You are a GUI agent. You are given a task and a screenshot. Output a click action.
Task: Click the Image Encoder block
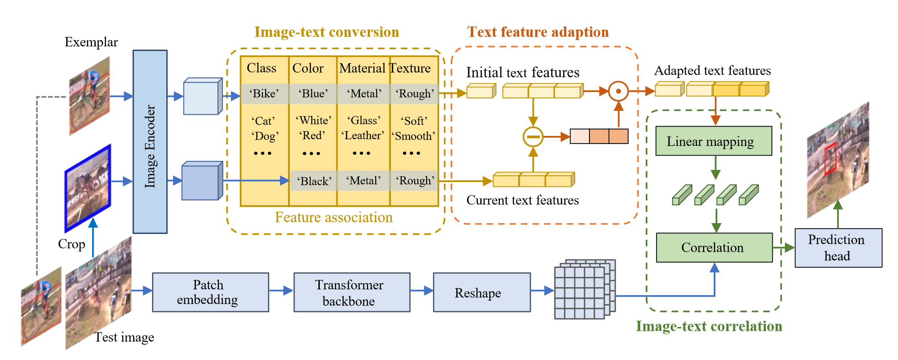click(150, 142)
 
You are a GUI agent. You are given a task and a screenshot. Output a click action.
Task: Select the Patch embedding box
click(210, 292)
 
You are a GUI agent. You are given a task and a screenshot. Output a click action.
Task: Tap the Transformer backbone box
click(352, 292)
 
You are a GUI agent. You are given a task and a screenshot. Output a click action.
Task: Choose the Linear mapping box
click(713, 141)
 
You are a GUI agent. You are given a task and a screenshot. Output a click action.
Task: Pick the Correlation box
click(714, 247)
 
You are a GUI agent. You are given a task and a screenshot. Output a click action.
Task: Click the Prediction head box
click(838, 248)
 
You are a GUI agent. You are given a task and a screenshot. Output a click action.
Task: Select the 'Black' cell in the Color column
click(314, 181)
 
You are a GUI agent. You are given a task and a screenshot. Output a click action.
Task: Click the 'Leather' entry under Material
click(363, 136)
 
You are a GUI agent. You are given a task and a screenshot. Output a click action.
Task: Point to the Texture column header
click(411, 68)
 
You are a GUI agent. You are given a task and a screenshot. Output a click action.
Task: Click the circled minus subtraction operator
click(533, 137)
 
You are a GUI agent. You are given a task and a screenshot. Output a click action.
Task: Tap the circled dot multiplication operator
click(618, 91)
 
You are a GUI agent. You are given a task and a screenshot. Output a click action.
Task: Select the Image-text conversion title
click(326, 32)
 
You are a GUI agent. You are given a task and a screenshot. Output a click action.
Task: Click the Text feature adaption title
click(538, 32)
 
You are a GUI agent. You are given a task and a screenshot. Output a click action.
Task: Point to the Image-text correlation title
click(709, 326)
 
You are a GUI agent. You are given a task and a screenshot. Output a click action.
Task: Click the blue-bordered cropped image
click(88, 188)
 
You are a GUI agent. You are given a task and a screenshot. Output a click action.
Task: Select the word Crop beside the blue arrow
click(72, 244)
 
